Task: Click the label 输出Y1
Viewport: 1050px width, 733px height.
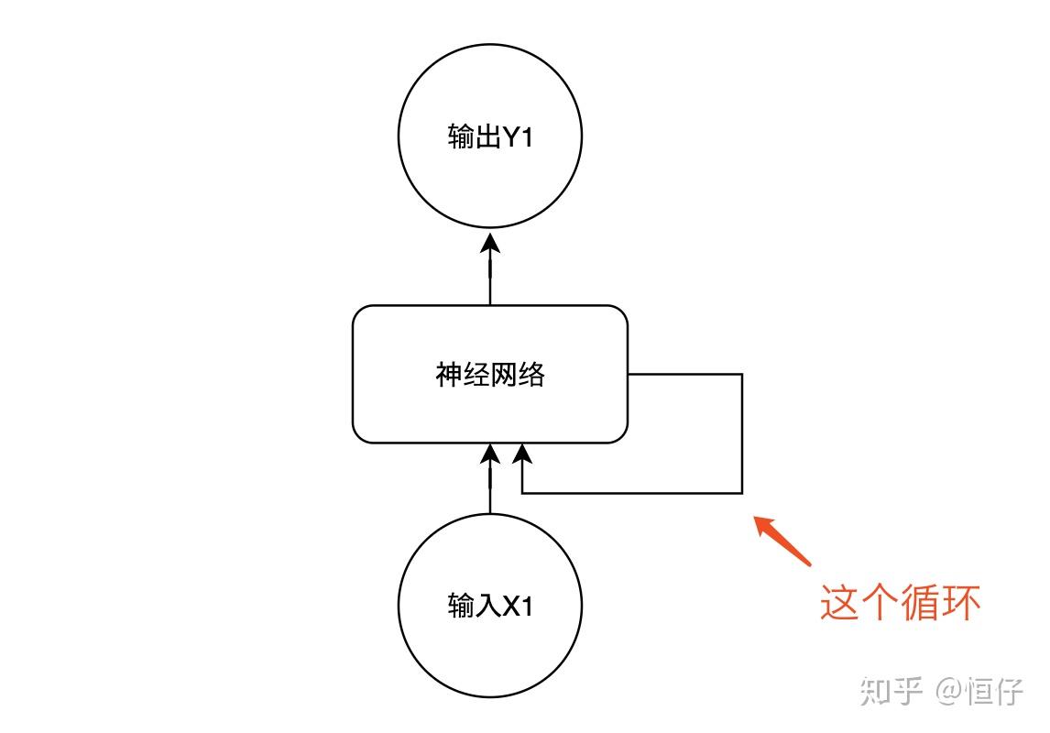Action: (490, 137)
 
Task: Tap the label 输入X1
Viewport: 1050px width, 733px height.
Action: (490, 607)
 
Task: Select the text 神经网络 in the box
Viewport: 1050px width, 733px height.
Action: (490, 375)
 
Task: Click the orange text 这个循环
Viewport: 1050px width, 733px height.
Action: (900, 603)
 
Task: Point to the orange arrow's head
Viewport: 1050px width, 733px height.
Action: (761, 523)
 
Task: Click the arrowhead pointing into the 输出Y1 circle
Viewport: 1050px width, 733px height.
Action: (490, 243)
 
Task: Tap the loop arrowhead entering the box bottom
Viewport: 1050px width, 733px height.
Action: (522, 454)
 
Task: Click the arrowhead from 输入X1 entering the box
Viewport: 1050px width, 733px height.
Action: (490, 454)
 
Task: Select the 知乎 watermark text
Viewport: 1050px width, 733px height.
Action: (891, 691)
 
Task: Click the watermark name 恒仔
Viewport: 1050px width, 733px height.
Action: (995, 691)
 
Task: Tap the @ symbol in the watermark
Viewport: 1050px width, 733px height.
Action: (948, 691)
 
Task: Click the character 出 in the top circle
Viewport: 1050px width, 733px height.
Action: (486, 137)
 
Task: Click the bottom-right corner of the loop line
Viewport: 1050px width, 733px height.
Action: (741, 493)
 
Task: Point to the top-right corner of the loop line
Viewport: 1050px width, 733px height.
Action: (741, 374)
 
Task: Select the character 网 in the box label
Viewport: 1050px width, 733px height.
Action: (504, 375)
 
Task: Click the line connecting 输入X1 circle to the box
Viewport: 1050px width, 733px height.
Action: (490, 490)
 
